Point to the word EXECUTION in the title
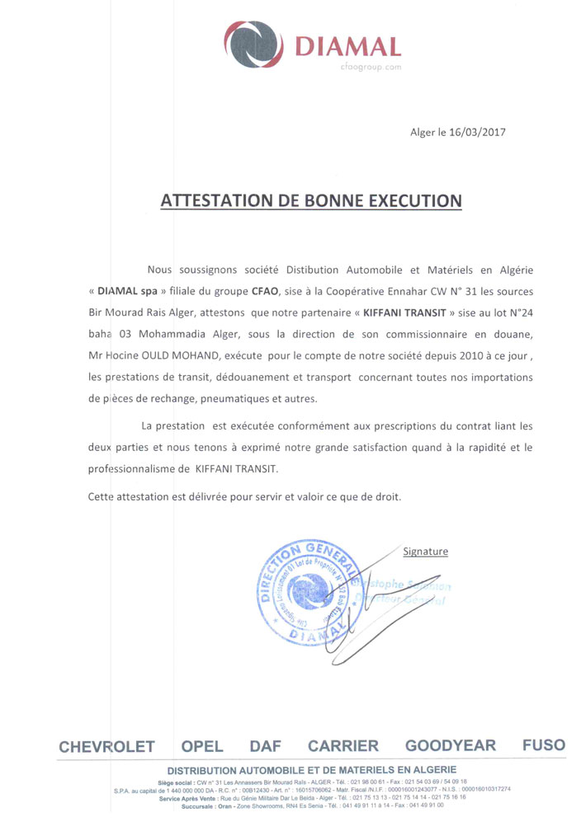[411, 200]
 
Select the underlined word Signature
[425, 551]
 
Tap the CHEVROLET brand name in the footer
[106, 746]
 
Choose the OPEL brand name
[202, 746]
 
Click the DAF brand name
[265, 746]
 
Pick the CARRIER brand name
[342, 746]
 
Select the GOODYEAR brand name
[451, 746]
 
